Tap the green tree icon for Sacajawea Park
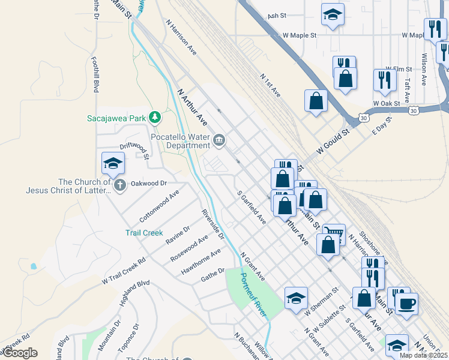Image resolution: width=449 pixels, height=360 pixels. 155,116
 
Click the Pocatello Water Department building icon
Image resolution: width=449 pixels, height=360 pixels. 218,141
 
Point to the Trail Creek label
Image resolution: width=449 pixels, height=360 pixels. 144,233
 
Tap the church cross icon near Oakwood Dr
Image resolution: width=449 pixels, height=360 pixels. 119,185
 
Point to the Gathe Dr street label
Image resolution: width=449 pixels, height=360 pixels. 212,274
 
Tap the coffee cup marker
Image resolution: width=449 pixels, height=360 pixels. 407,303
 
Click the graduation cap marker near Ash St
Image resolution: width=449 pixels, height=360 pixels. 332,14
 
